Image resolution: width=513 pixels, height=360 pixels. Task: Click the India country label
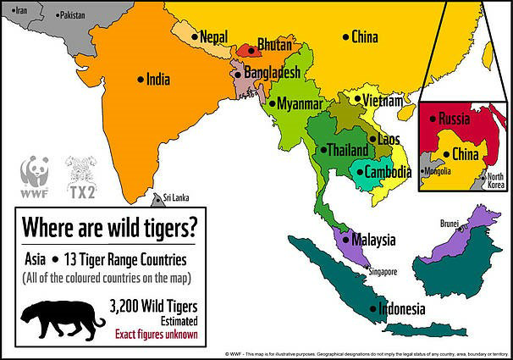157,80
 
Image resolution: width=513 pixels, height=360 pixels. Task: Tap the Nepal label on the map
214,36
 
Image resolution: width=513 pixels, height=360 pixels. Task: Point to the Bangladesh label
272,74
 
